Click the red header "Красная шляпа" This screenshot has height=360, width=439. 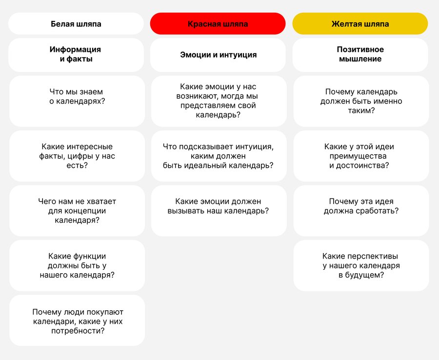(x=218, y=24)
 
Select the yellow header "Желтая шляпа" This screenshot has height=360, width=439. (x=360, y=24)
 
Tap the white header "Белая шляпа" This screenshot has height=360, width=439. (x=76, y=24)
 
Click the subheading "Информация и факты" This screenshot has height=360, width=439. (x=76, y=55)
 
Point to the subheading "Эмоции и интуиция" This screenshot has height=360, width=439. (x=218, y=55)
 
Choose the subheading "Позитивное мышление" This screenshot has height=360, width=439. (x=360, y=55)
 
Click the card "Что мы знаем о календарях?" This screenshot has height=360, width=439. (x=77, y=101)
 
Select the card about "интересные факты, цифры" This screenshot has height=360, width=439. (x=77, y=156)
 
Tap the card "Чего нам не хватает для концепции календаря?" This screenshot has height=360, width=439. (x=77, y=210)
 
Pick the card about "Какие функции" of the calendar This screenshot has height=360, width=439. (x=77, y=265)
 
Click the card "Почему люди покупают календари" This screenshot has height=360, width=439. (x=77, y=320)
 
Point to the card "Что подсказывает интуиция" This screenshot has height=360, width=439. (x=218, y=156)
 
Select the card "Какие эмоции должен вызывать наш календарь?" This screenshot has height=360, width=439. (x=218, y=206)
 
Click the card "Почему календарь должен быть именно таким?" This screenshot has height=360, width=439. (x=361, y=101)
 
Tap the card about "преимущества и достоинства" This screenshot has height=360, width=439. (x=361, y=156)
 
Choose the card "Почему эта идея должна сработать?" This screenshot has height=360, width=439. (x=361, y=206)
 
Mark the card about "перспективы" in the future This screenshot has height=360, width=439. (x=361, y=265)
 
